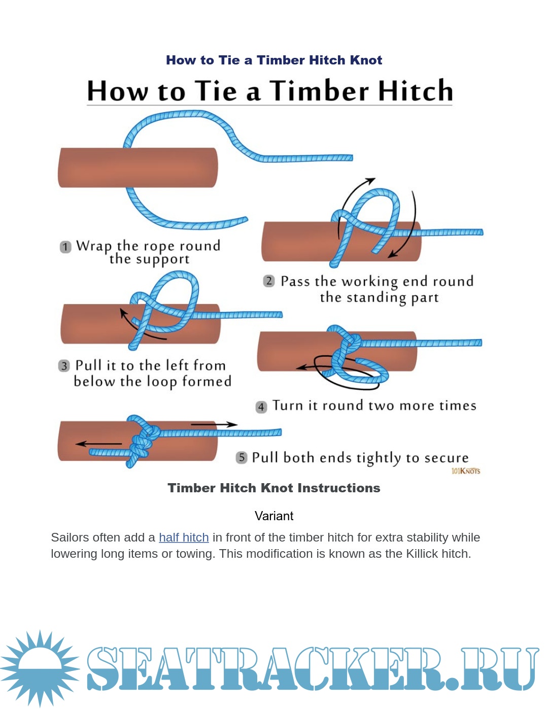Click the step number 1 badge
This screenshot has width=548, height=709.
click(x=65, y=247)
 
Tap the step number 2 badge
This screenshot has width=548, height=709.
click(x=269, y=281)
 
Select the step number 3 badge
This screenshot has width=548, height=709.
click(x=64, y=366)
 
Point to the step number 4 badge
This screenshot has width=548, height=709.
click(x=261, y=407)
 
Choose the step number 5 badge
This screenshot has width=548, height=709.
click(x=242, y=457)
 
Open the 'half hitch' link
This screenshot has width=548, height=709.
click(x=184, y=537)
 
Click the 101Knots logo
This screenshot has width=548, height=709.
click(x=465, y=471)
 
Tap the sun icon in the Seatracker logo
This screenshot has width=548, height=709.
click(x=40, y=668)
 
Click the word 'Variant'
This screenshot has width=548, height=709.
click(x=274, y=516)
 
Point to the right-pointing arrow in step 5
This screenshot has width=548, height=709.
click(x=214, y=424)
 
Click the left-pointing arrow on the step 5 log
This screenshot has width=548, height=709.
click(x=98, y=444)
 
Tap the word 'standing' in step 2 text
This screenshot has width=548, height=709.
click(x=376, y=297)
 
